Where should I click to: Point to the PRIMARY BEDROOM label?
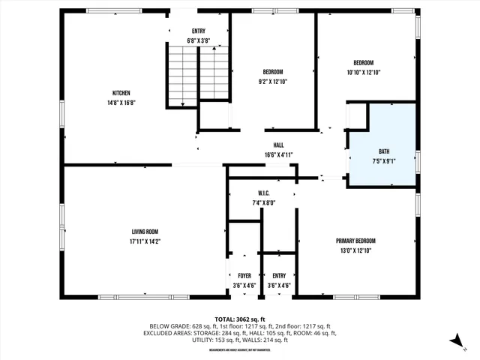click(x=355, y=241)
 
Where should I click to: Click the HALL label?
click(x=278, y=145)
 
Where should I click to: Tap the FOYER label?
click(x=244, y=276)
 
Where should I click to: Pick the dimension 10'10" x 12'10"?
click(x=364, y=73)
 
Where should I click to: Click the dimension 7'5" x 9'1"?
click(x=383, y=160)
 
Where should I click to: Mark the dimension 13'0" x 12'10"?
click(x=355, y=250)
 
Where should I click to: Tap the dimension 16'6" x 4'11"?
click(x=278, y=154)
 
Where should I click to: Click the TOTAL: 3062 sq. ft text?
click(x=239, y=319)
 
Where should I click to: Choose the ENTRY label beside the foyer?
click(x=279, y=276)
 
